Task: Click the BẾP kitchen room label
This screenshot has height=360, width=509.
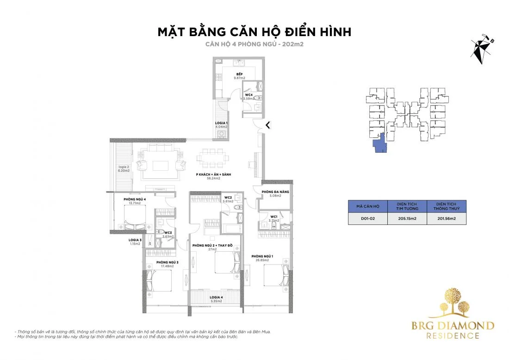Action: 239,74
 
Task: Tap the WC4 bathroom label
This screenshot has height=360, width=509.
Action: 249,95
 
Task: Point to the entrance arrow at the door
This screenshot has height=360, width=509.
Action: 267,124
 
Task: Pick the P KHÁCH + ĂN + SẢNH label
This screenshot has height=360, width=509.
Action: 213,174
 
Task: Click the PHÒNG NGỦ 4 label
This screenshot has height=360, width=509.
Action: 135,199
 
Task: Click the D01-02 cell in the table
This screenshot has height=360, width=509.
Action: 367,218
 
